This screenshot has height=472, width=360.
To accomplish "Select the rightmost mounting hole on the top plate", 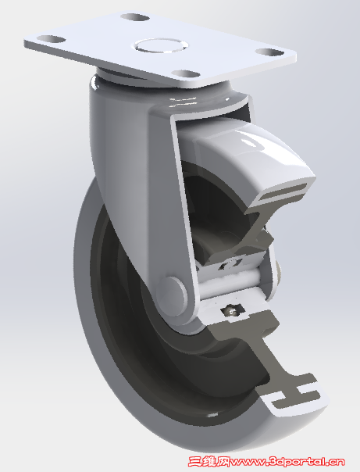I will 269,53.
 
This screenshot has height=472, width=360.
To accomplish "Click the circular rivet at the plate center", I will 162,45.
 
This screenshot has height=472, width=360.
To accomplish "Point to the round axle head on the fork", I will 176,294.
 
